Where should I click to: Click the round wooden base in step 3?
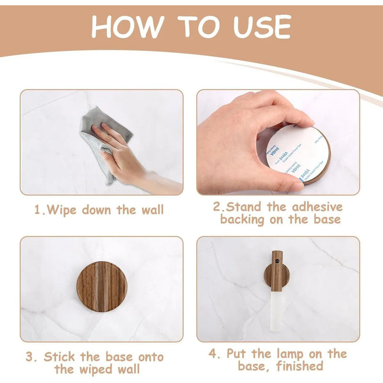tap(101, 286)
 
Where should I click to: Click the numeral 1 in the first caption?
tap(37, 210)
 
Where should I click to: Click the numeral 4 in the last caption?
tap(214, 354)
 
